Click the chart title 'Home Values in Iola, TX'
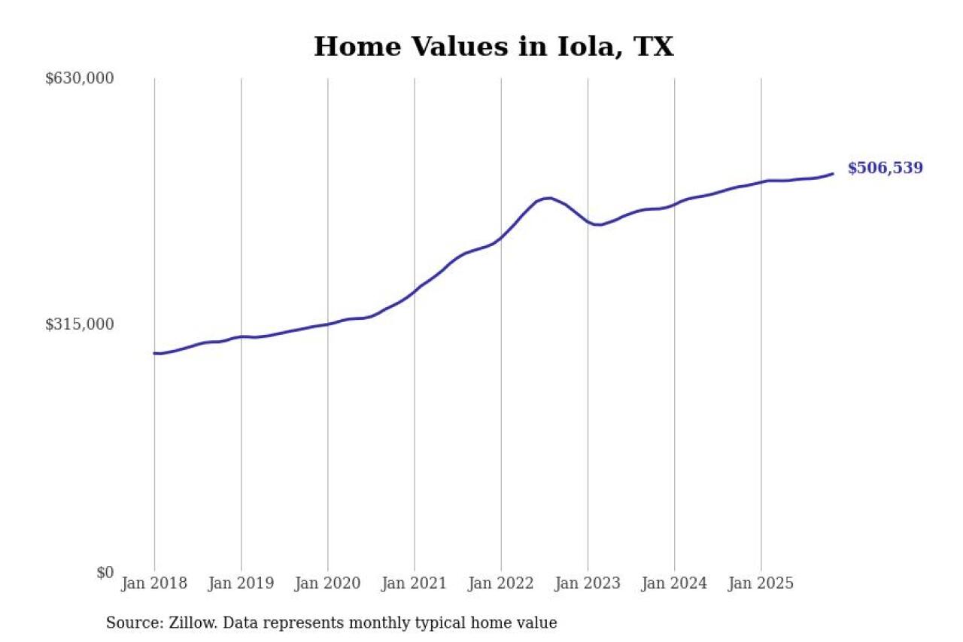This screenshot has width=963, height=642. [x=493, y=47]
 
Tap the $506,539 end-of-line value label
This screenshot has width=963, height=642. [x=885, y=168]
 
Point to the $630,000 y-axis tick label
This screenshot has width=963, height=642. [x=80, y=78]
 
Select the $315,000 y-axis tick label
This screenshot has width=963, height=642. [x=80, y=324]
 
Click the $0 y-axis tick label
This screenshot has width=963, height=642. [x=105, y=573]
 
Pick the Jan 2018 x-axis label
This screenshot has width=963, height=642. [x=154, y=583]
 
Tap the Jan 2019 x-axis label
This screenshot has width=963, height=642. [x=241, y=583]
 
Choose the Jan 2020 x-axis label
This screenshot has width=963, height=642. [x=327, y=583]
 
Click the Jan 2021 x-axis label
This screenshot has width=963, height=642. [x=414, y=583]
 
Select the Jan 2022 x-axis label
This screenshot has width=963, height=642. [x=501, y=583]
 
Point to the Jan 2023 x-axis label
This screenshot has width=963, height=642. [x=588, y=583]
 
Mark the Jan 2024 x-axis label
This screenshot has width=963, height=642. [x=674, y=583]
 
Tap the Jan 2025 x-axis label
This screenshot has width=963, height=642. [x=761, y=583]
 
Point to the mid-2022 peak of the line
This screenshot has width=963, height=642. [x=548, y=198]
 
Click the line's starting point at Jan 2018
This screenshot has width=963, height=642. [x=155, y=353]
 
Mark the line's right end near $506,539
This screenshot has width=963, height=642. [x=832, y=174]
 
